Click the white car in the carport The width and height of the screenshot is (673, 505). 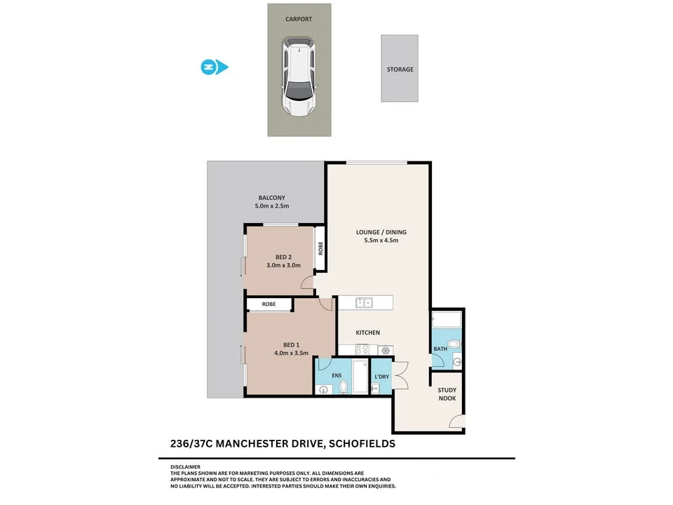point(299,77)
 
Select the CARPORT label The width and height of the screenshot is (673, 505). point(299,20)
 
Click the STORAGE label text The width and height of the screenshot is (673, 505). point(400,69)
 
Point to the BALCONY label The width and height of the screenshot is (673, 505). point(271,197)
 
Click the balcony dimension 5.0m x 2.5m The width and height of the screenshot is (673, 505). point(271,206)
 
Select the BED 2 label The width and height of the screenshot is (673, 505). point(283,257)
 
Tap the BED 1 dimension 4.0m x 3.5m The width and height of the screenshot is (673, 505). point(291,353)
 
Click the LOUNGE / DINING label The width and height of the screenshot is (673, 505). point(381,232)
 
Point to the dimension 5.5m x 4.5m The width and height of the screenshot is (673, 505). point(381,241)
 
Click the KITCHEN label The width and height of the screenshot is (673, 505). point(368,332)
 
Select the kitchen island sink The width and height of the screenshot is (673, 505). point(364,303)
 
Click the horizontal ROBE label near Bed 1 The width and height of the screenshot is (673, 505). point(268,304)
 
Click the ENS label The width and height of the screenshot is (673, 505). point(336,376)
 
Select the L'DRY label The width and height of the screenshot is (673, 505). point(382,377)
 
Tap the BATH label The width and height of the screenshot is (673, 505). point(440,349)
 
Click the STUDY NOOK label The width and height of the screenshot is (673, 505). point(447,394)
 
